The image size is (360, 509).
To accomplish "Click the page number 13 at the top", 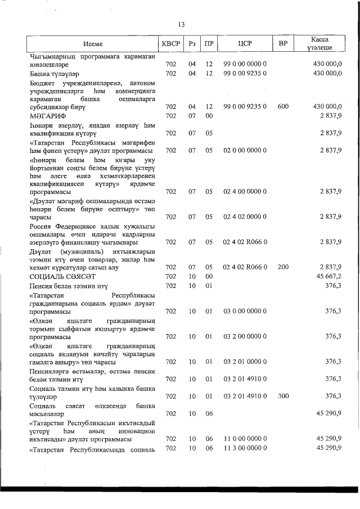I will pyautogui.click(x=180, y=24).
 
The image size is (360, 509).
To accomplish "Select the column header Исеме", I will pyautogui.click(x=93, y=43).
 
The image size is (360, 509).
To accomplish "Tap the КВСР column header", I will pyautogui.click(x=171, y=43).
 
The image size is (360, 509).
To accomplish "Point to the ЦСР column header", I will pyautogui.click(x=245, y=43).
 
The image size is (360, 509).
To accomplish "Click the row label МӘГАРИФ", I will pyautogui.click(x=48, y=116).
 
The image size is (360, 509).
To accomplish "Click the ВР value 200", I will pyautogui.click(x=283, y=267).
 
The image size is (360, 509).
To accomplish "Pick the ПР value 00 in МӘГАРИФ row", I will pyautogui.click(x=209, y=116).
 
